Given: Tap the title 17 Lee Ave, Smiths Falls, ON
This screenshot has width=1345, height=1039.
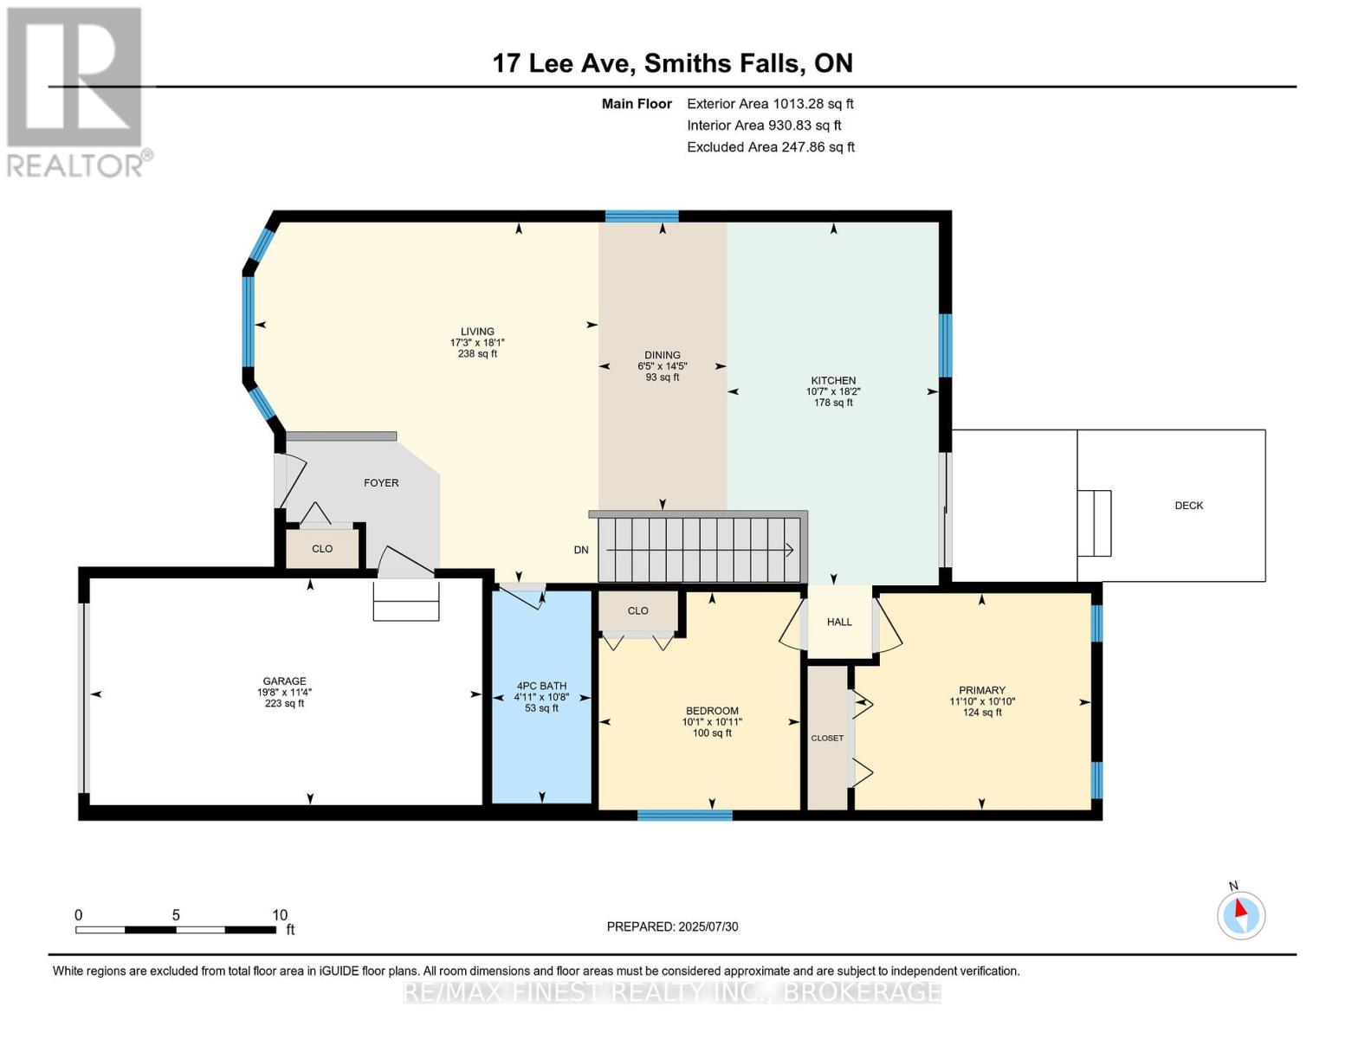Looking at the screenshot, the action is coord(672,63).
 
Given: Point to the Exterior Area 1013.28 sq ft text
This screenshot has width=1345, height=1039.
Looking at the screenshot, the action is coord(770,104).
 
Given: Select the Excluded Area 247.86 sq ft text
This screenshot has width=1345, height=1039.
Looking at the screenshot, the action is coord(771,147).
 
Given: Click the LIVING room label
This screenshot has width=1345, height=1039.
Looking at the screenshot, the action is coord(477,332).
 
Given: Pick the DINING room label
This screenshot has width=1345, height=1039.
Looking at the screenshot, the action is coord(663,355).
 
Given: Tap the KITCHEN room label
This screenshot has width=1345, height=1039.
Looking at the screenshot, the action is coord(833,381).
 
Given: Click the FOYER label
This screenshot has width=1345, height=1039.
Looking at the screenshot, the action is coord(381,482).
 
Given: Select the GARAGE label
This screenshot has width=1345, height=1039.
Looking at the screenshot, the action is coord(284,681).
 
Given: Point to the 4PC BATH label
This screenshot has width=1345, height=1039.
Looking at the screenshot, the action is coord(541,686).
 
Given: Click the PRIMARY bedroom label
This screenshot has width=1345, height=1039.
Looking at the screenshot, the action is coord(982,690).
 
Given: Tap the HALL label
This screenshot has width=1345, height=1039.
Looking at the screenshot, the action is coord(839,622).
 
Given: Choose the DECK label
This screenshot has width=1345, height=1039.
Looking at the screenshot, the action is coord(1189,506).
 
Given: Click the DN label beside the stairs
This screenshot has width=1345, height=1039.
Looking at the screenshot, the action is coord(581,550).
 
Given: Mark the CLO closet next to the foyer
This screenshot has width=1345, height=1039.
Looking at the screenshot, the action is coord(322,549).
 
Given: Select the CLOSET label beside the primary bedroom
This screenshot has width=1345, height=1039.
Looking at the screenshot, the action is coord(828,739).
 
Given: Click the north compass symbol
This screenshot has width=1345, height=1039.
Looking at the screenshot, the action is coord(1240,915).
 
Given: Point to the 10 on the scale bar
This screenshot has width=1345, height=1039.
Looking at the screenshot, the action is coord(280,914).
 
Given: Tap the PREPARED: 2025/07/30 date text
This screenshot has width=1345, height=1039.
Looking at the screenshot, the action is coord(672,926).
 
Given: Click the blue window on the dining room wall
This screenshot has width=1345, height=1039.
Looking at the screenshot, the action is coord(642,216).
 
